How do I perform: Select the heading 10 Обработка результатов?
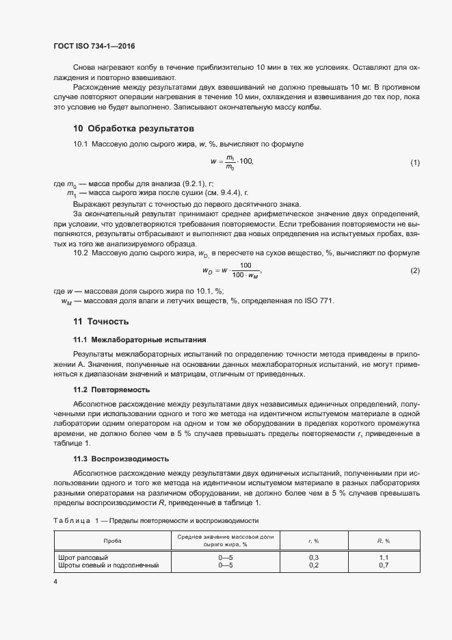point(133,128)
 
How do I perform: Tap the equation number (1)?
point(414,162)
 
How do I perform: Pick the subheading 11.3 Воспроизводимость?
point(120,458)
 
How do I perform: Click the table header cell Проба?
point(113,541)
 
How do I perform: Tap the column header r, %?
point(315,541)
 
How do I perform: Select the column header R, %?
point(384,541)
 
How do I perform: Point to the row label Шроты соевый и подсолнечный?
point(109,565)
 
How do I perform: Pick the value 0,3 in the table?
point(315,558)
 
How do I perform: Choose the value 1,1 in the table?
point(384,558)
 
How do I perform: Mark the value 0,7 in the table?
point(384,565)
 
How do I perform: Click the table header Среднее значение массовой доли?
point(225,537)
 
